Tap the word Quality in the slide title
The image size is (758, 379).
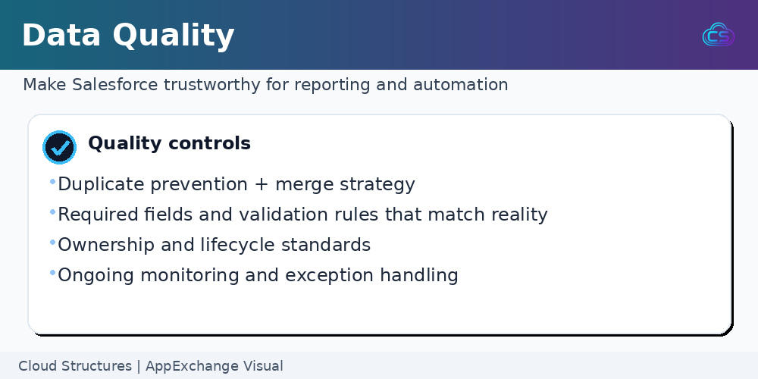(x=174, y=36)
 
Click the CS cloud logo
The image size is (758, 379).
(x=719, y=35)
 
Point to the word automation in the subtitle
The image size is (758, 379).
(x=460, y=85)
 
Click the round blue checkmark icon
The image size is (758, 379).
(x=59, y=148)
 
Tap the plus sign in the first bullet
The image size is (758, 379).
(x=261, y=185)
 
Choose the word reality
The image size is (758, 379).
(x=519, y=215)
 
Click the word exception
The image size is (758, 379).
(x=329, y=276)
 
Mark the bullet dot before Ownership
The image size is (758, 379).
(x=53, y=243)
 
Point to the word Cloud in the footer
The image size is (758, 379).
(x=34, y=366)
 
